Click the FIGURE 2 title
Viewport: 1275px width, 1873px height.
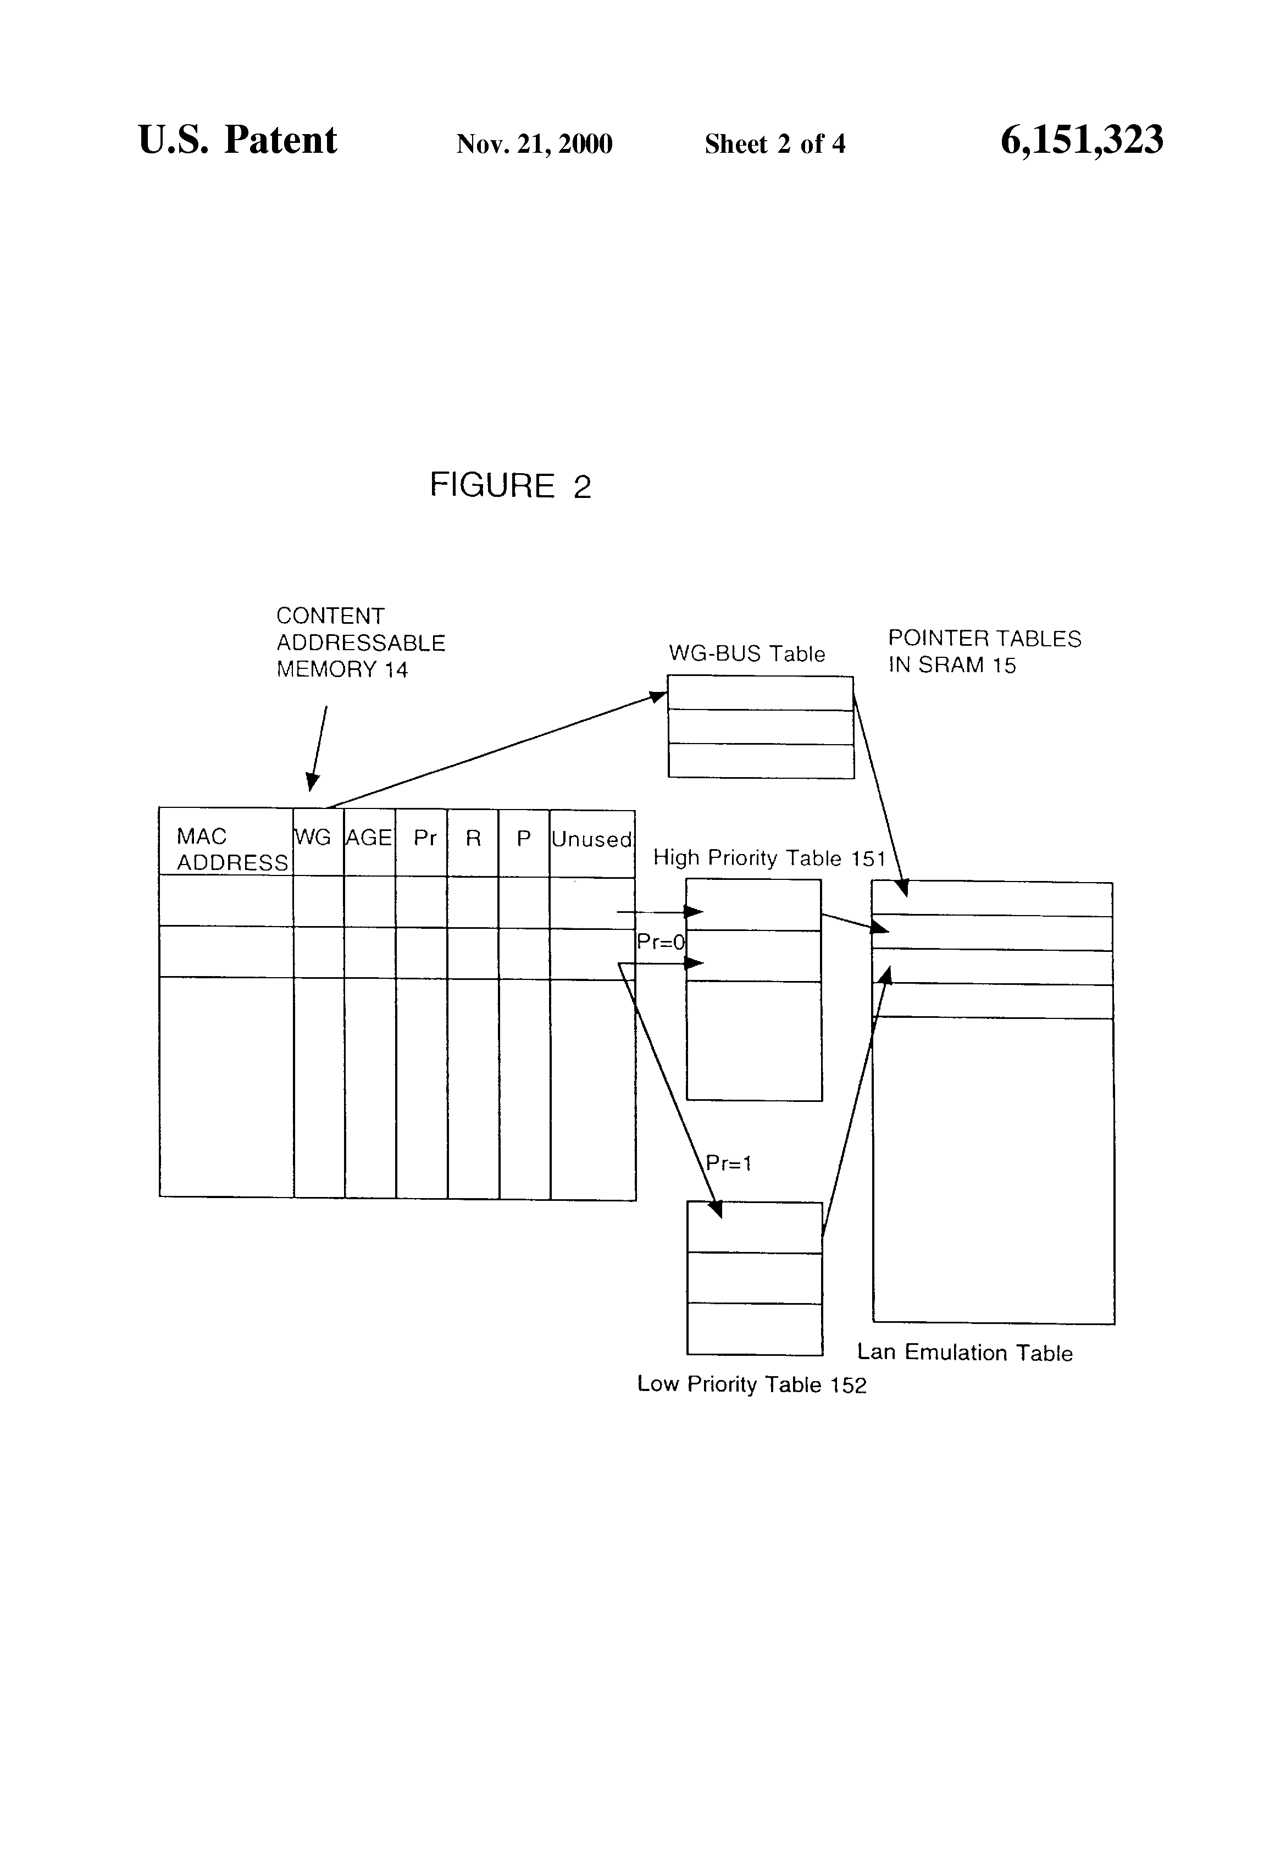[x=510, y=485]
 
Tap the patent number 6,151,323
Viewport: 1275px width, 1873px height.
[x=1082, y=140]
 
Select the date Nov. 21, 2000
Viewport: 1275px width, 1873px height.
[x=534, y=144]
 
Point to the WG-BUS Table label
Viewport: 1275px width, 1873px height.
[x=747, y=653]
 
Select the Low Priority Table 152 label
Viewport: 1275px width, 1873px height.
[x=752, y=1384]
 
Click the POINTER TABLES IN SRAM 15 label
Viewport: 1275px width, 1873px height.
[x=985, y=651]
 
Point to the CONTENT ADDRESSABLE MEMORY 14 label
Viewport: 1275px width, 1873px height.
[x=361, y=642]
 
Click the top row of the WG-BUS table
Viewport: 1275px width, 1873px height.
[x=760, y=693]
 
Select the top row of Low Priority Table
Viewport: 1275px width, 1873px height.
[x=755, y=1227]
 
